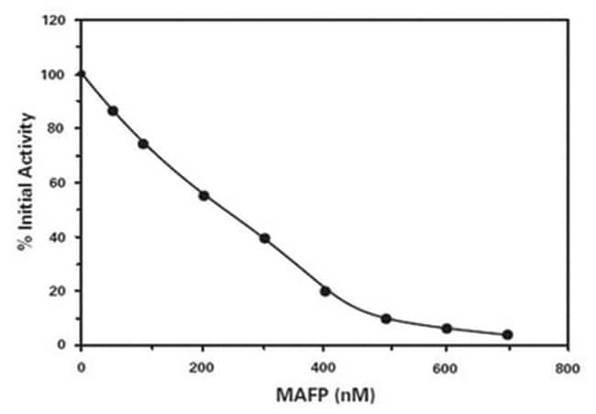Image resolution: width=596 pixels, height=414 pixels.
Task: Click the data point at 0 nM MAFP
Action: (x=81, y=74)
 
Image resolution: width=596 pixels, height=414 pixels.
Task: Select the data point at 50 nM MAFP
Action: (x=113, y=111)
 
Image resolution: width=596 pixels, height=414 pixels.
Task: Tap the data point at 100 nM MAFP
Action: (x=143, y=144)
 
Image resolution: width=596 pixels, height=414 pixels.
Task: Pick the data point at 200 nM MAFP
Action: (x=204, y=196)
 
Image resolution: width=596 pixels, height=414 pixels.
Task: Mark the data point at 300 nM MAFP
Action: (x=265, y=239)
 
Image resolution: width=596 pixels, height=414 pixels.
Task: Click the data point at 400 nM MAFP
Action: (x=325, y=292)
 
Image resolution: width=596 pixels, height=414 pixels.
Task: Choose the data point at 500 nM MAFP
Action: (x=386, y=319)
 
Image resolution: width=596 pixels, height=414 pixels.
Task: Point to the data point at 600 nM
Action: (x=447, y=329)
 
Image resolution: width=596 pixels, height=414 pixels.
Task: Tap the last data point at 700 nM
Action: (x=507, y=335)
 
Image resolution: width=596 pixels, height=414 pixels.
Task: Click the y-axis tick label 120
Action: (x=53, y=20)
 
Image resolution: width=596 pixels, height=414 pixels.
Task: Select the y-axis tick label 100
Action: (x=53, y=74)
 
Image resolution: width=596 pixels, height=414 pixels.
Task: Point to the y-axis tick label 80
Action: (x=57, y=129)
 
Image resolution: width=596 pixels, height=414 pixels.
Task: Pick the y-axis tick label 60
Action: (x=57, y=183)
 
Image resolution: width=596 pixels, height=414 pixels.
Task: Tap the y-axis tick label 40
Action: (x=57, y=237)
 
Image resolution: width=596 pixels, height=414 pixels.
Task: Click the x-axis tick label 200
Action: (x=202, y=368)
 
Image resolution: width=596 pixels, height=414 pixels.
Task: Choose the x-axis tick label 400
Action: (x=323, y=368)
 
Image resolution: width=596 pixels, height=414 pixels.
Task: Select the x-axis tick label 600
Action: (x=445, y=368)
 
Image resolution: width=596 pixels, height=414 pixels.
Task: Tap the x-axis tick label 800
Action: (x=567, y=368)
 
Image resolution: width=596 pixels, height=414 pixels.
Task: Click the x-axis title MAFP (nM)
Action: (x=326, y=396)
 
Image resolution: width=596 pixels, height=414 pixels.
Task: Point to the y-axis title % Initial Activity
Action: (x=27, y=182)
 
